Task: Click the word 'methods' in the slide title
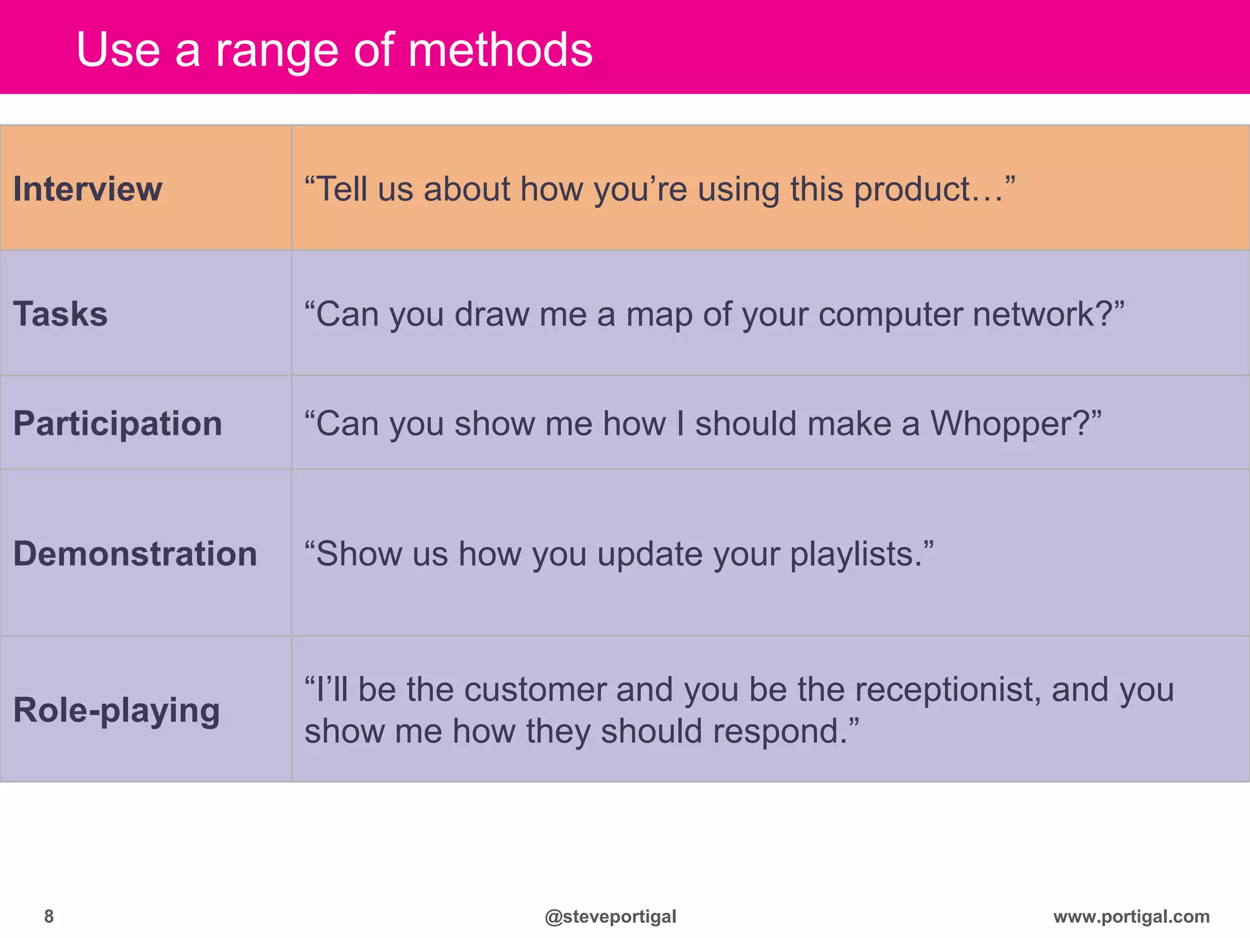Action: pyautogui.click(x=500, y=49)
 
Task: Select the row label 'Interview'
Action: pyautogui.click(x=88, y=189)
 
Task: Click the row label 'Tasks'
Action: pyautogui.click(x=60, y=314)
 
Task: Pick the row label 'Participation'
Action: pyautogui.click(x=118, y=423)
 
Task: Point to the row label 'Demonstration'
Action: pyautogui.click(x=135, y=554)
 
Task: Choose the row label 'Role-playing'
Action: pyautogui.click(x=117, y=710)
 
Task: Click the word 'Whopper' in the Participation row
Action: pyautogui.click(x=1000, y=424)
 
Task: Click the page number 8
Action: pyautogui.click(x=49, y=916)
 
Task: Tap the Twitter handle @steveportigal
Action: pyautogui.click(x=610, y=916)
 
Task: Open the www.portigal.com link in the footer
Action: pyautogui.click(x=1131, y=916)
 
